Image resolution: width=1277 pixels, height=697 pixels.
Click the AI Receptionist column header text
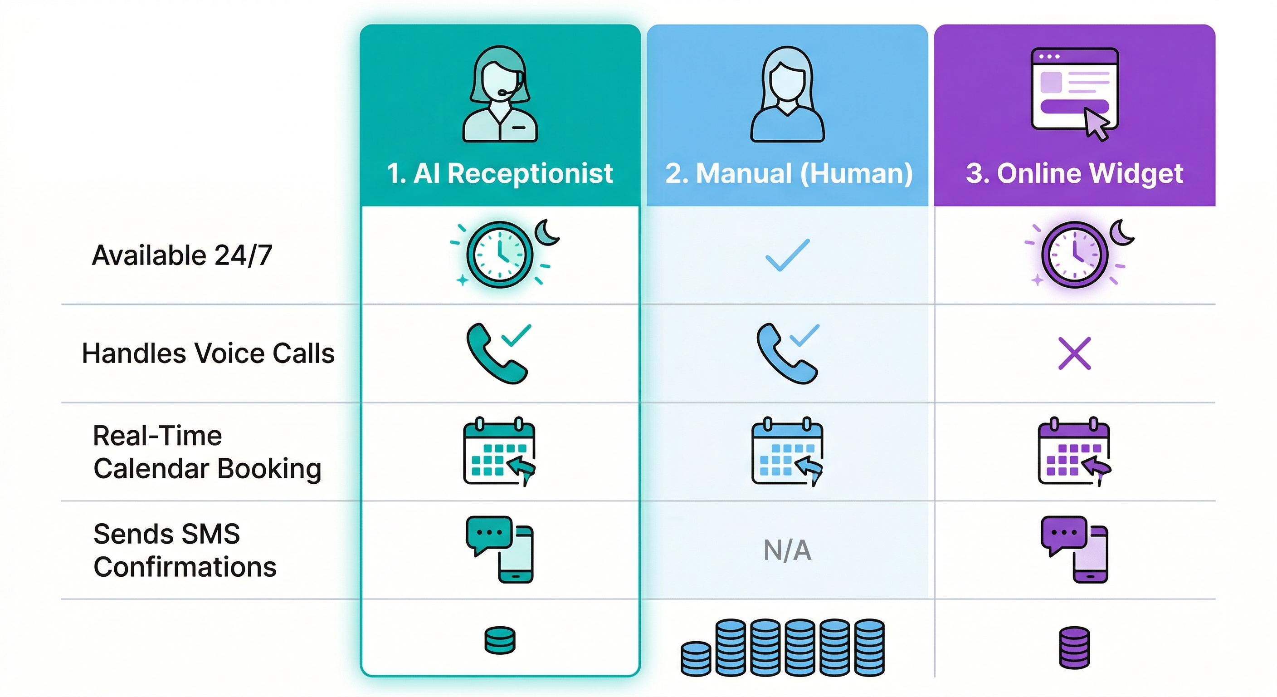pyautogui.click(x=500, y=173)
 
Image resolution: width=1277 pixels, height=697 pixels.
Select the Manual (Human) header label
pyautogui.click(x=788, y=173)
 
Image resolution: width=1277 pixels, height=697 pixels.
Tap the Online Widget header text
pyautogui.click(x=1074, y=173)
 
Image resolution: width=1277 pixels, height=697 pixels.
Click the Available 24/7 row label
pyautogui.click(x=182, y=255)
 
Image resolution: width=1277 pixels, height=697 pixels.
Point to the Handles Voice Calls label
pyautogui.click(x=208, y=353)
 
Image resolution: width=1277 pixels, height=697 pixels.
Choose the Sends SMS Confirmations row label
pyautogui.click(x=185, y=550)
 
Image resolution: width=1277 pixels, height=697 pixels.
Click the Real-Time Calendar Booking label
pyautogui.click(x=207, y=452)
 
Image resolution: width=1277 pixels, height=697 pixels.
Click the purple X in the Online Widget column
pyautogui.click(x=1074, y=353)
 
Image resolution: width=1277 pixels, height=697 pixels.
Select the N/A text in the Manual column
pyautogui.click(x=787, y=550)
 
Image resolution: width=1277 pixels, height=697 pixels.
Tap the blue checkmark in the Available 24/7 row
pyautogui.click(x=787, y=255)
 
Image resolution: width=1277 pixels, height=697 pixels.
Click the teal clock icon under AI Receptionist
pyautogui.click(x=500, y=255)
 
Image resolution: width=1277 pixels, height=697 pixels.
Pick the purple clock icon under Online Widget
pyautogui.click(x=1074, y=255)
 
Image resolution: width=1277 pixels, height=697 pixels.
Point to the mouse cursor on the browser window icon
pyautogui.click(x=1096, y=123)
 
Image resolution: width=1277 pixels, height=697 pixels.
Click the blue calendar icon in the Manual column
pyautogui.click(x=787, y=452)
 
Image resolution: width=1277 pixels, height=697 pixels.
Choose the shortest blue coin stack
pyautogui.click(x=696, y=658)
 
